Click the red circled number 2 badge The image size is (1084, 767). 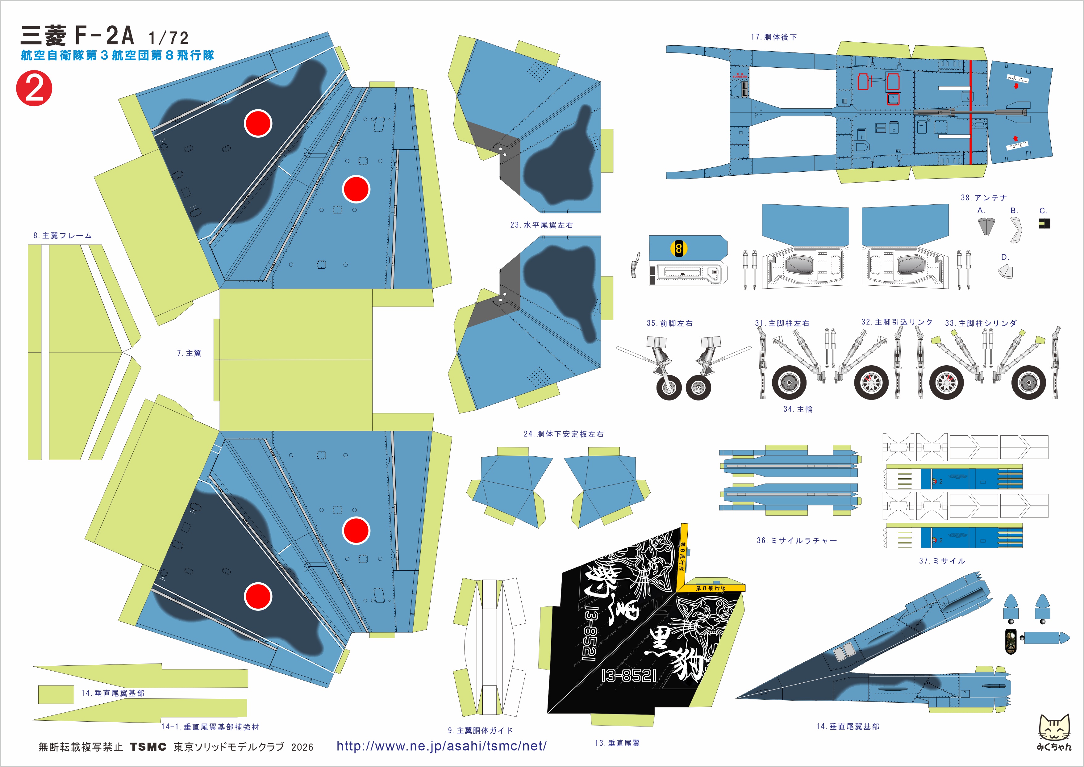(x=34, y=88)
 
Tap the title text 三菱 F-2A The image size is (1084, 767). (x=78, y=36)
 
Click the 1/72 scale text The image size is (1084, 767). (x=168, y=38)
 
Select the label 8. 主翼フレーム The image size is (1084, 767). (x=62, y=236)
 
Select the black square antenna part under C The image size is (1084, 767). (x=1044, y=223)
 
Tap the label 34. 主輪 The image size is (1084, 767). (x=798, y=409)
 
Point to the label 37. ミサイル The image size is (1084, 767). (x=942, y=561)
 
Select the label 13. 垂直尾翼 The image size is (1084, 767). (x=617, y=743)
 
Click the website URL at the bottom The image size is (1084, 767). (x=441, y=746)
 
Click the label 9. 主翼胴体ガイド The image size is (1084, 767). (x=480, y=731)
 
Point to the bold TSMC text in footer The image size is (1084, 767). (x=148, y=747)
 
